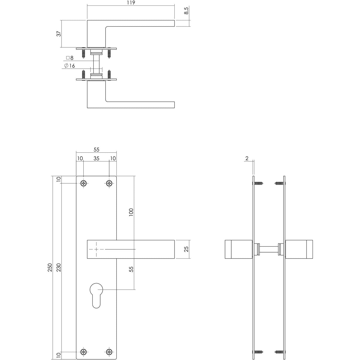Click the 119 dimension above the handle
(x=131, y=3)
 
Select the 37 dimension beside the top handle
(x=59, y=34)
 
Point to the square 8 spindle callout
(x=70, y=58)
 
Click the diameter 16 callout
(x=70, y=66)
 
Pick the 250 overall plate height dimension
(x=50, y=268)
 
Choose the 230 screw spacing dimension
(x=59, y=268)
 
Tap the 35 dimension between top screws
(x=96, y=158)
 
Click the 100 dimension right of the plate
(x=131, y=212)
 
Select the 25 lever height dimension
(x=186, y=249)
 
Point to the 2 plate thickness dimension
(x=247, y=158)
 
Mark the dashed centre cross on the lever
(x=96, y=249)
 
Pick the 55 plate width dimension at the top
(x=96, y=150)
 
